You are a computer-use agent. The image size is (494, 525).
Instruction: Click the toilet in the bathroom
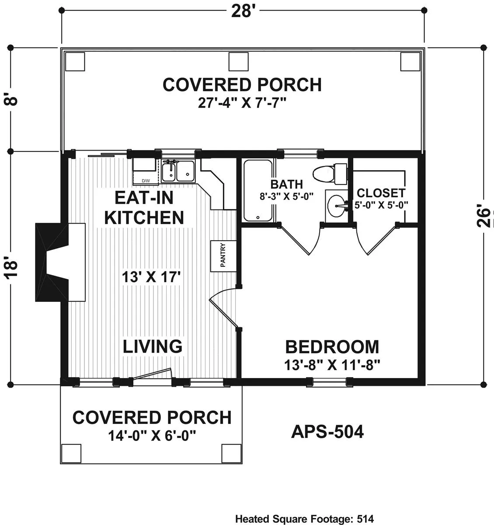point(330,174)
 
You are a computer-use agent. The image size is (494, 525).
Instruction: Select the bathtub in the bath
point(257,190)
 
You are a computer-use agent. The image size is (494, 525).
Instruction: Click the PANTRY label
point(223,255)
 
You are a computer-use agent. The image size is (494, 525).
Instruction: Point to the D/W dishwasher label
point(146,181)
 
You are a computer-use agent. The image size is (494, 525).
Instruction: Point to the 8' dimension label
point(11,100)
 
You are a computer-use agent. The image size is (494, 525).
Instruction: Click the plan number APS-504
point(327,432)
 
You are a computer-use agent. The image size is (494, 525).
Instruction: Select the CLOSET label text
point(381,193)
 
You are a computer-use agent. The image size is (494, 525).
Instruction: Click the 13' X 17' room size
point(151,277)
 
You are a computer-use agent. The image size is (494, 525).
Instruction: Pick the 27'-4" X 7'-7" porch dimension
point(242,103)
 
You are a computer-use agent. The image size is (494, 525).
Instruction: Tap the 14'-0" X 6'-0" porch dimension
point(152,436)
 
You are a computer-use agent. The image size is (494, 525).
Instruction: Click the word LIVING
point(153,346)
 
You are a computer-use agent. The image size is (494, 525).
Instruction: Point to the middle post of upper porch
point(238,62)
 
